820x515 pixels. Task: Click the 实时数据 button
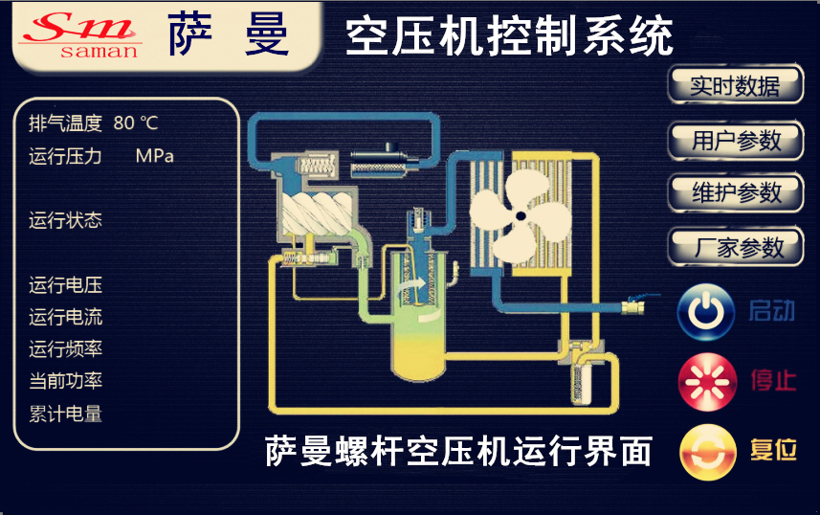point(735,86)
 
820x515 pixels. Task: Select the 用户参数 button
point(736,140)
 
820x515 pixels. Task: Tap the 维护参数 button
point(736,192)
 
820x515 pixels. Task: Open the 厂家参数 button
point(736,247)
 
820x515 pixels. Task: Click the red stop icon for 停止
point(706,380)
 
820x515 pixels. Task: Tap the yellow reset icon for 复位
point(706,451)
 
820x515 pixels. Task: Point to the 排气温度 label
point(65,123)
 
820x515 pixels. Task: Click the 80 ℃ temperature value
point(135,123)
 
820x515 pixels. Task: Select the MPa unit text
point(155,156)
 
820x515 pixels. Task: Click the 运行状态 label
point(65,221)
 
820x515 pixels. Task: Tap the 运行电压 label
point(65,285)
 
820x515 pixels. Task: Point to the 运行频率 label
point(65,349)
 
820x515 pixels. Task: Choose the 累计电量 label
point(65,414)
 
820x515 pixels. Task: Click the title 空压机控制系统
point(508,37)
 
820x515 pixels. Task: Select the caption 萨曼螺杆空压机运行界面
point(458,450)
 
